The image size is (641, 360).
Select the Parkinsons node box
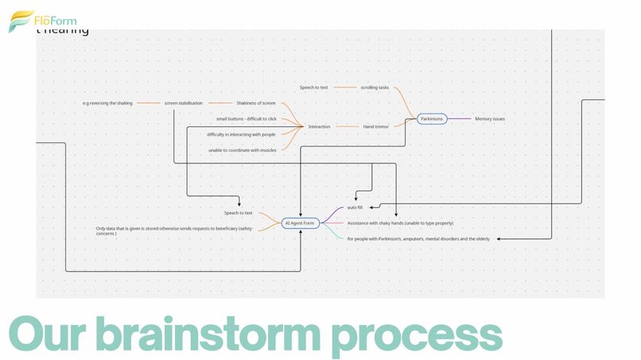pyautogui.click(x=432, y=119)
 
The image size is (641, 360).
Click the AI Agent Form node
pyautogui.click(x=300, y=223)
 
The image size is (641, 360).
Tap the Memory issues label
pyautogui.click(x=490, y=119)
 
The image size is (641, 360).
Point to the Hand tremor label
pyautogui.click(x=376, y=126)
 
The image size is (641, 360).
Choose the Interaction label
pyautogui.click(x=319, y=126)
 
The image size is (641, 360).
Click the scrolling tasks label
pyautogui.click(x=375, y=87)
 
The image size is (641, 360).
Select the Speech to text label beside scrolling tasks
pyautogui.click(x=313, y=87)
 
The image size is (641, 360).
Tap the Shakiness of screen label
pyautogui.click(x=256, y=103)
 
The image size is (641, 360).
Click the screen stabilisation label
pyautogui.click(x=184, y=103)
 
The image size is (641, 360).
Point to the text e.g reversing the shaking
pyautogui.click(x=107, y=103)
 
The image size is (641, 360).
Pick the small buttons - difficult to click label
pyautogui.click(x=247, y=118)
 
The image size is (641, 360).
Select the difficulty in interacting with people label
pyautogui.click(x=241, y=134)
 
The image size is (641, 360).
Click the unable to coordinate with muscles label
pyautogui.click(x=243, y=150)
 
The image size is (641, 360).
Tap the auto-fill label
pyautogui.click(x=355, y=207)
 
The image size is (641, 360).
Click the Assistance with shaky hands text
pyautogui.click(x=400, y=223)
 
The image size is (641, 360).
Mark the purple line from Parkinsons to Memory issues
pyautogui.click(x=460, y=119)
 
